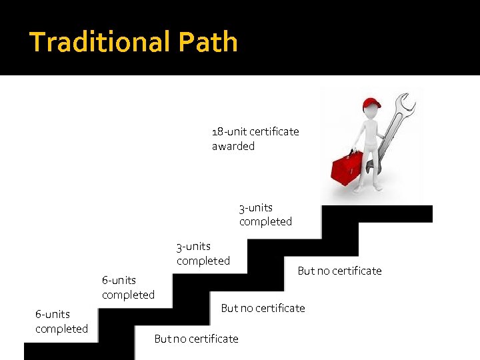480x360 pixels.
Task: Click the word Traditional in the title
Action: coord(93,42)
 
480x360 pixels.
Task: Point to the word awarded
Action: coord(233,146)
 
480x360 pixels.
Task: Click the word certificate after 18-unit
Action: coord(274,131)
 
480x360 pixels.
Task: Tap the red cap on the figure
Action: coord(371,104)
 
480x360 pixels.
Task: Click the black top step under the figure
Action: coord(377,213)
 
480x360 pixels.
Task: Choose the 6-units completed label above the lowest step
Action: coord(61,321)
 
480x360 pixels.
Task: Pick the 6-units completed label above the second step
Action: coord(128,287)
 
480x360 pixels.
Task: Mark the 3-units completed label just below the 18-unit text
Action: coord(265,215)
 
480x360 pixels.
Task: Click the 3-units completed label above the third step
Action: coord(203,253)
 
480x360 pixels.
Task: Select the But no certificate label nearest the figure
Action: coord(339,271)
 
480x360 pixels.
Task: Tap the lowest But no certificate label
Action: coord(196,339)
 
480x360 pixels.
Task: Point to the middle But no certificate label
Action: coord(263,308)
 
